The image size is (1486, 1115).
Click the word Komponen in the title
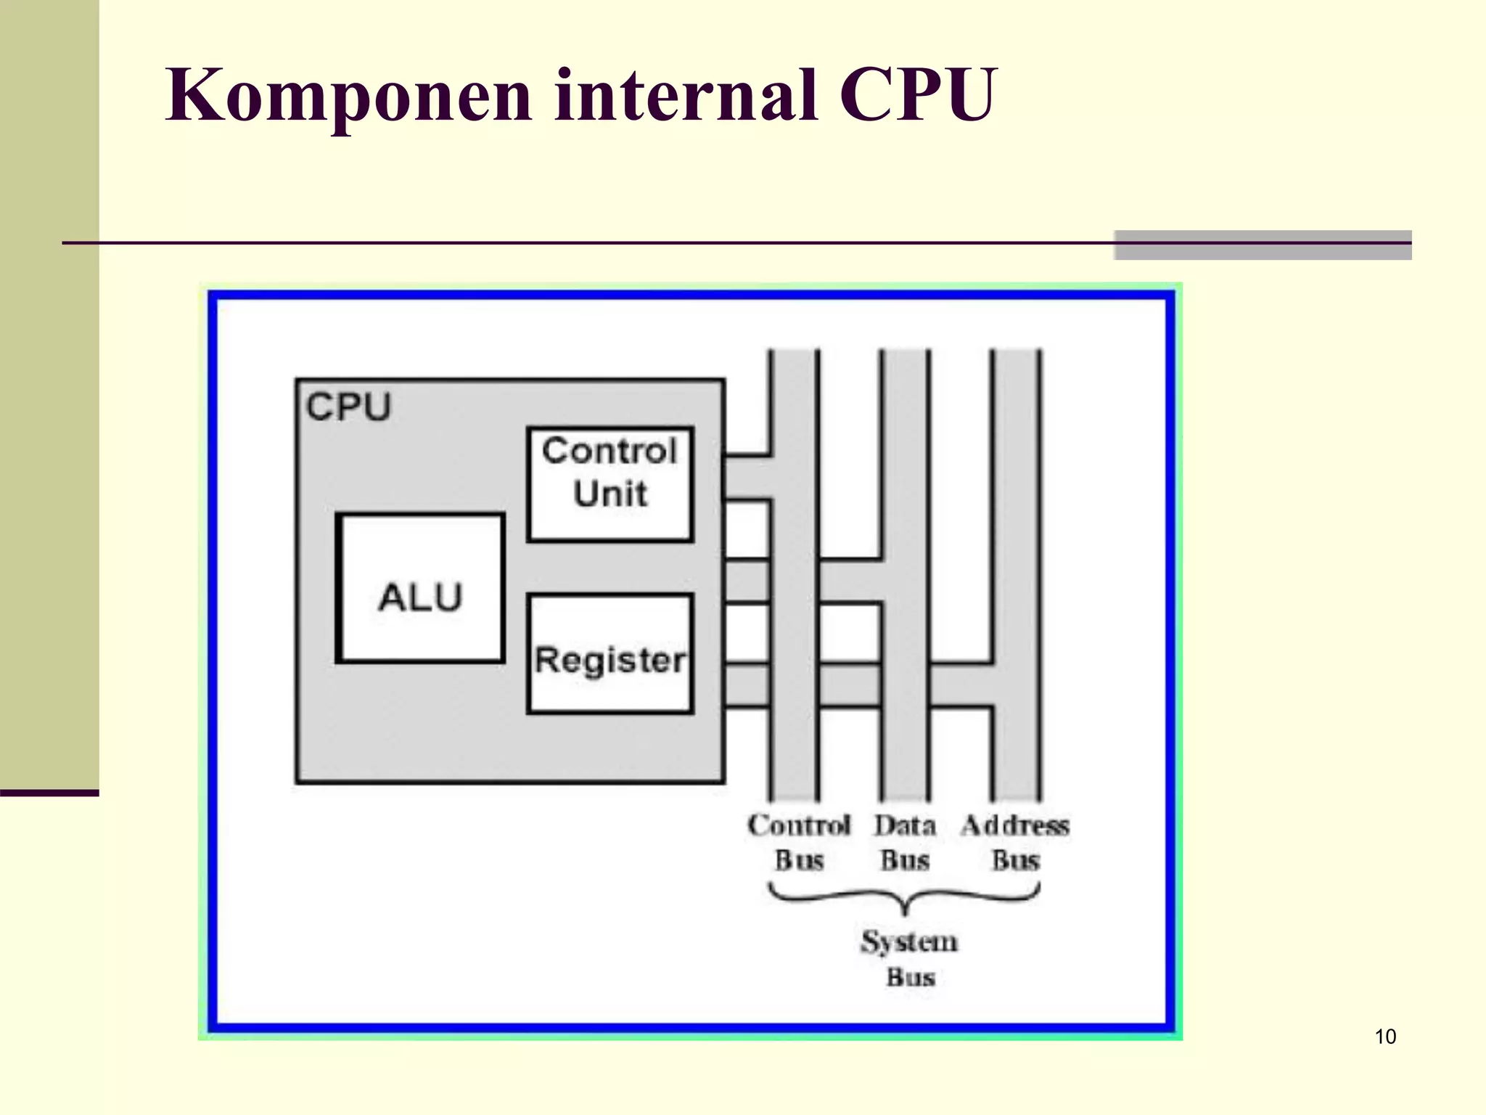349,97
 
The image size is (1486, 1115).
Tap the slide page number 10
1385,1037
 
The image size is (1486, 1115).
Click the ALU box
420,589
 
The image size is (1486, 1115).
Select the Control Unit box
610,484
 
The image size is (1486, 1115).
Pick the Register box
610,654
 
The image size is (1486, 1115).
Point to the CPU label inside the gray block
348,407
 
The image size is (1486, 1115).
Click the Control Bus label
799,843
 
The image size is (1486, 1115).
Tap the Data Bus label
905,843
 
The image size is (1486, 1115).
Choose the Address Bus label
1015,843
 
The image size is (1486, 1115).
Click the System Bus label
910,959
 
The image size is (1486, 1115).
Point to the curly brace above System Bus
904,899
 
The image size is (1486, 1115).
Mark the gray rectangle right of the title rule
1263,245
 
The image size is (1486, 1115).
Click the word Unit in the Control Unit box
610,494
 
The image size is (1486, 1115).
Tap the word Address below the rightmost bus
1015,825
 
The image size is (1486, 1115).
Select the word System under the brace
910,942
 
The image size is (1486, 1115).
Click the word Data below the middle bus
905,825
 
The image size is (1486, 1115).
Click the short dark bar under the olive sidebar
49,793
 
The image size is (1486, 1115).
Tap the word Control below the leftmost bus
799,825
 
